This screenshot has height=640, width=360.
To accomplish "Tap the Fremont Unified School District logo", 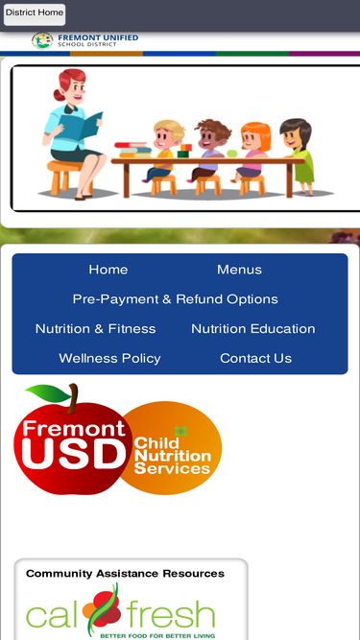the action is tap(84, 40).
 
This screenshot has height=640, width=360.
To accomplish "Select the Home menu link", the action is tap(108, 270).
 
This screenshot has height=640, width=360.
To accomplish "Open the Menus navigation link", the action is tap(239, 270).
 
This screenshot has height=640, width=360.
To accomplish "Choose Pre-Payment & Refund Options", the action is tap(175, 299).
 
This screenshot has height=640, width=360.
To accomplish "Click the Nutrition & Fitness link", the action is tap(95, 328).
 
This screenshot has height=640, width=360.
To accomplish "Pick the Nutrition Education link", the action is tap(253, 328).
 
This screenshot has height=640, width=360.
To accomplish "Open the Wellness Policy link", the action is tap(109, 358).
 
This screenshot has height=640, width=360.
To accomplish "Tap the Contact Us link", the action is tap(256, 358).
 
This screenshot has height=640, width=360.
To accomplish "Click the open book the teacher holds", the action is tap(81, 126).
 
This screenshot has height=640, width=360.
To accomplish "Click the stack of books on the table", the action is tap(132, 150).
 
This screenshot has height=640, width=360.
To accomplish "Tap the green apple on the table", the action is tap(231, 154).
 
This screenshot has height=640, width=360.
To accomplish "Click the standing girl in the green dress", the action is tap(298, 156).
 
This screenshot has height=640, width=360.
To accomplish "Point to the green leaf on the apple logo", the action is tap(49, 392).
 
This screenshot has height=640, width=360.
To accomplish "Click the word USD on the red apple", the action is tap(74, 454).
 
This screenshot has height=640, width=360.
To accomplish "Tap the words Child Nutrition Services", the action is tap(172, 456).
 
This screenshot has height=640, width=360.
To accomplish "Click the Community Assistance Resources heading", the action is tap(125, 574).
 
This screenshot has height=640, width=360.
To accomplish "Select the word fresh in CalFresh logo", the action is tap(170, 615).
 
